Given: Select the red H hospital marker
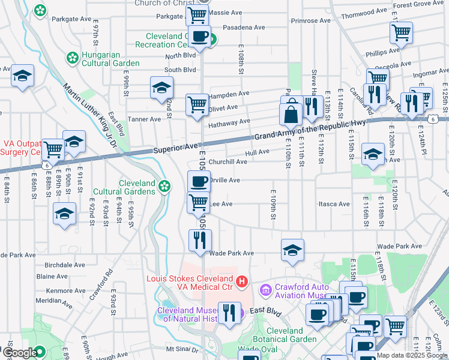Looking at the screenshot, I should (x=241, y=280).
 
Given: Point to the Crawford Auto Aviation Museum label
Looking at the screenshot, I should (x=301, y=291).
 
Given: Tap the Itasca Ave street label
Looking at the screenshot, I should (x=334, y=204).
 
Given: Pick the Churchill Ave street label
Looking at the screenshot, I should (x=228, y=161).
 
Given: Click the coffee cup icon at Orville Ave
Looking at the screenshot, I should (x=199, y=181).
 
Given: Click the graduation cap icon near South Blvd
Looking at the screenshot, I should (x=161, y=88).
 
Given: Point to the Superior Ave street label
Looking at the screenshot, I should (x=175, y=148).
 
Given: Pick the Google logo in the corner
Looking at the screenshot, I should (x=20, y=352).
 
